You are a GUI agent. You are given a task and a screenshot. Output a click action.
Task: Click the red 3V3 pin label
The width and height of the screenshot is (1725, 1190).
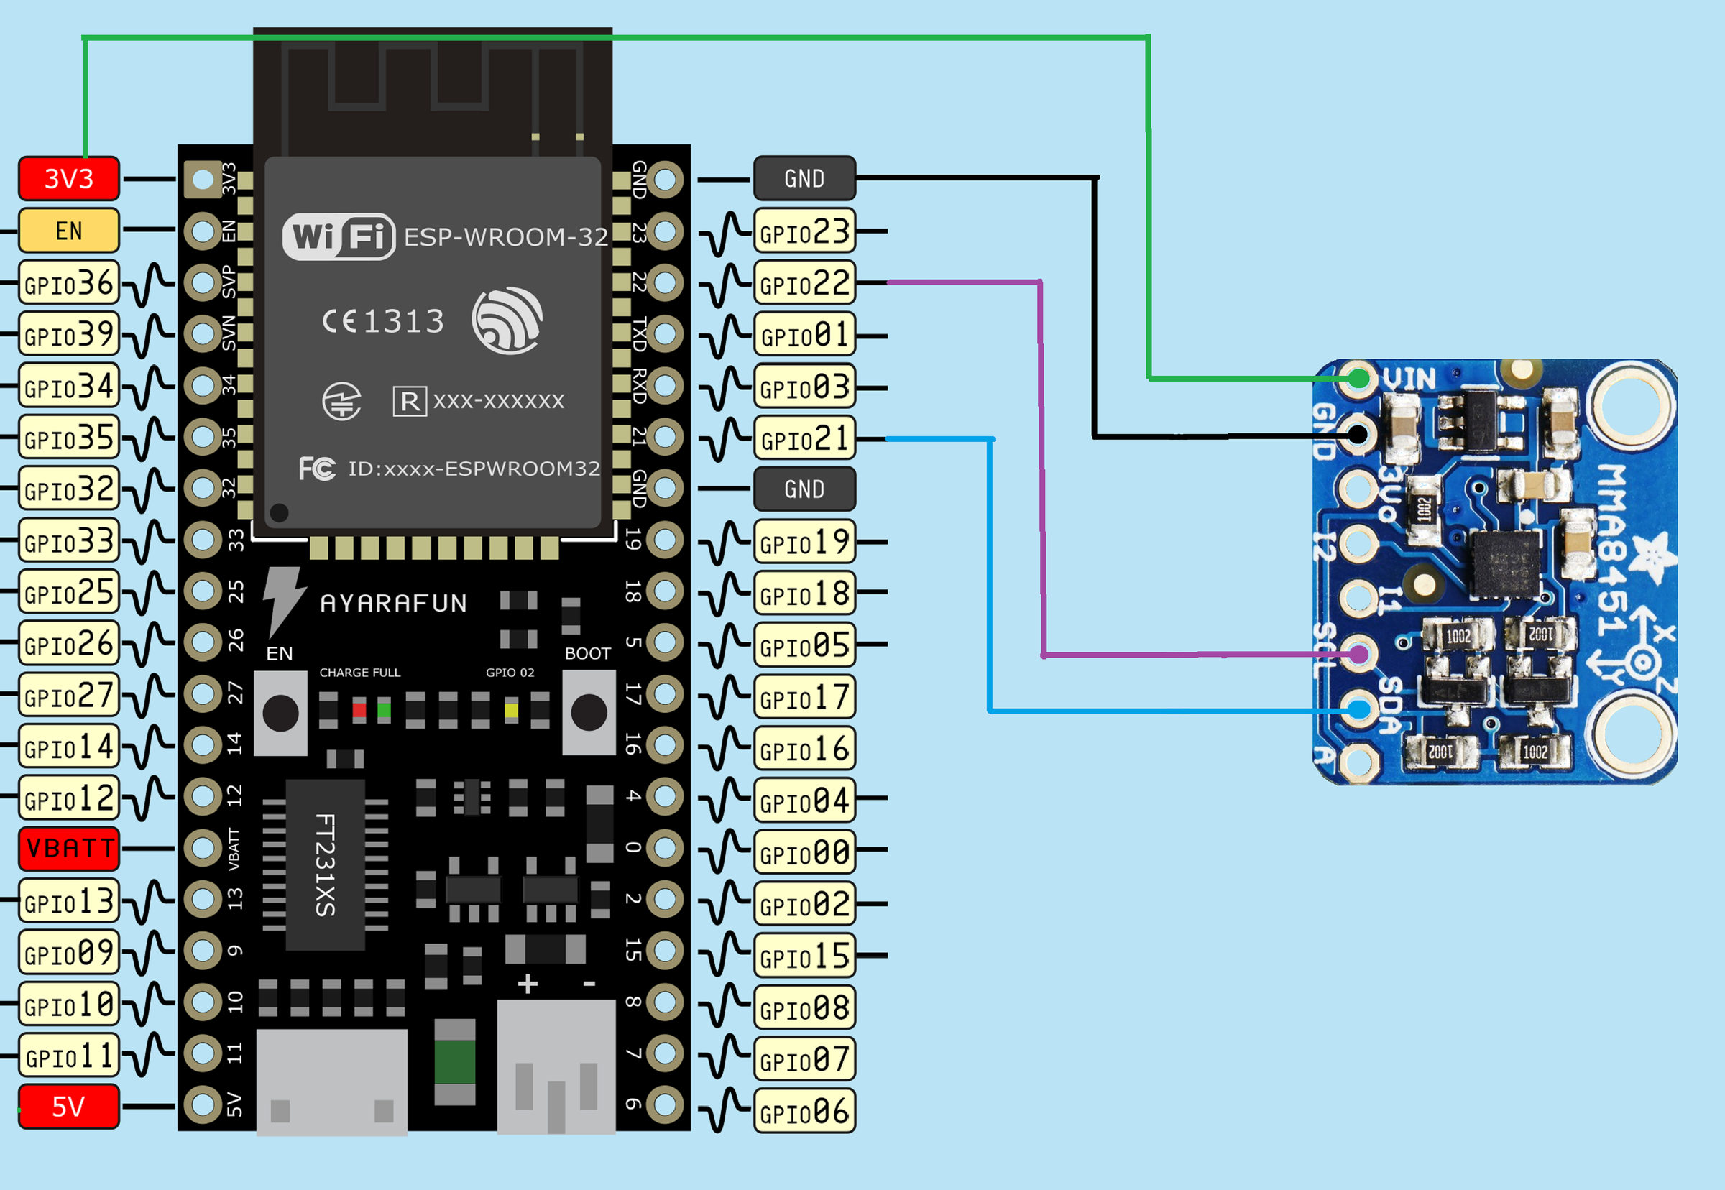[68, 179]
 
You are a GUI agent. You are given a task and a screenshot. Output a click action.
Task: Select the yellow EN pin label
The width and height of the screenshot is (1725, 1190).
[68, 231]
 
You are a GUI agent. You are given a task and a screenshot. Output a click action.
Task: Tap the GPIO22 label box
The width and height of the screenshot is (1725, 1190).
[804, 282]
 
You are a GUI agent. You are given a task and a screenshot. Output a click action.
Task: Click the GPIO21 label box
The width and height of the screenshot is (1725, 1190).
[804, 438]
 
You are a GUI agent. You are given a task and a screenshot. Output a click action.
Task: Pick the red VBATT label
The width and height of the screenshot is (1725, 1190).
[68, 849]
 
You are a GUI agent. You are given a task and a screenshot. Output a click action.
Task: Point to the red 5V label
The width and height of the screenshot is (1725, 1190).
[68, 1107]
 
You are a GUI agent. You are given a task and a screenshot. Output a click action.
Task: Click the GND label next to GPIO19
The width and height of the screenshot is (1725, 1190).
[804, 489]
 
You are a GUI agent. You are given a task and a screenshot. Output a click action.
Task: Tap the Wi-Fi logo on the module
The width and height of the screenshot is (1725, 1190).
[339, 237]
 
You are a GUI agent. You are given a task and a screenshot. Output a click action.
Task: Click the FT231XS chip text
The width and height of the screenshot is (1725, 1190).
[325, 865]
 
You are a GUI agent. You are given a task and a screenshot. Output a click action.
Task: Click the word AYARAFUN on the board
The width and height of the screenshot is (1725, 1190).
[393, 602]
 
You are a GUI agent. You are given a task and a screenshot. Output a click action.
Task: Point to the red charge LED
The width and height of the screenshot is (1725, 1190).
[359, 710]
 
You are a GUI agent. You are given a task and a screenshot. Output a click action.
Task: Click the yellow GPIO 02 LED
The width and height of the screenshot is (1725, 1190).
[511, 710]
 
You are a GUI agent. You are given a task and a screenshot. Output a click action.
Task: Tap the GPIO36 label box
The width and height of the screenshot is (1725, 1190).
[68, 282]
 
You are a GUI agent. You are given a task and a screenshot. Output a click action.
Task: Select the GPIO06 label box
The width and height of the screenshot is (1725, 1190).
[804, 1112]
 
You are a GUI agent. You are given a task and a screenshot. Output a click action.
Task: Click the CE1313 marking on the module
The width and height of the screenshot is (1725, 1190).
[383, 321]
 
